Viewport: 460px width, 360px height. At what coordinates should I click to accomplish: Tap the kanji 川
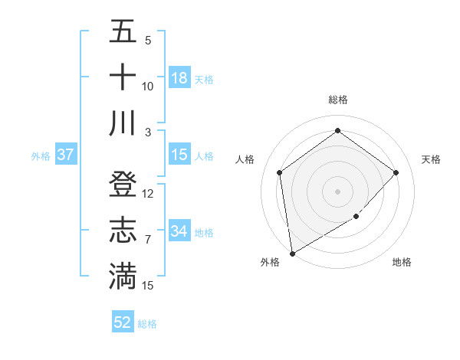123,123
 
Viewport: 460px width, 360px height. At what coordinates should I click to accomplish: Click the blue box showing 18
179,78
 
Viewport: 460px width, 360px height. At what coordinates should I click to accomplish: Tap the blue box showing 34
179,232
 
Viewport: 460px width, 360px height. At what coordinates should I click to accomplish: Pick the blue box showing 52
123,323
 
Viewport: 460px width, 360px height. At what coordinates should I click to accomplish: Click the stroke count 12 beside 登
148,194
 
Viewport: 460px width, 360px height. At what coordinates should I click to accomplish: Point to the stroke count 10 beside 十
148,87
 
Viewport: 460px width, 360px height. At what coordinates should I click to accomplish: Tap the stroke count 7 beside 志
148,240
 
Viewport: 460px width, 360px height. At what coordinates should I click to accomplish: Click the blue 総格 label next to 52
147,324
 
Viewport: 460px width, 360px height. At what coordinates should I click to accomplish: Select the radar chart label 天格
431,159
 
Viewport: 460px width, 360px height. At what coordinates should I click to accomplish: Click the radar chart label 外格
270,262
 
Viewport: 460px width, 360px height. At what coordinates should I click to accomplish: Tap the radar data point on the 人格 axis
280,172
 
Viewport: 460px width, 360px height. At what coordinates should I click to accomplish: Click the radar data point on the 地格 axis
356,217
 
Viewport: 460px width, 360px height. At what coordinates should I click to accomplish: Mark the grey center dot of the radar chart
337,191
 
